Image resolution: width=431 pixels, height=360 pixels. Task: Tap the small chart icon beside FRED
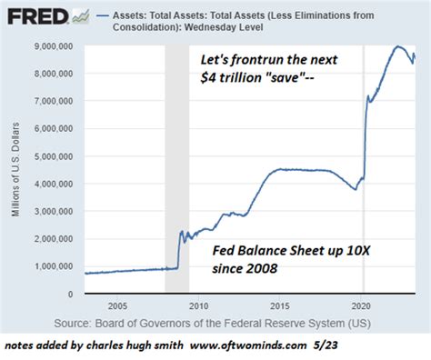click(80, 16)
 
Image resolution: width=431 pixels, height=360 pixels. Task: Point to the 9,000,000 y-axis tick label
click(54, 45)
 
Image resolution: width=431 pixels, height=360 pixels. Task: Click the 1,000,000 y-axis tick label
click(54, 266)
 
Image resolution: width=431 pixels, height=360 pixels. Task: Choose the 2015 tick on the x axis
click(281, 307)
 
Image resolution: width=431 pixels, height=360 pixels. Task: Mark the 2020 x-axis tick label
click(365, 307)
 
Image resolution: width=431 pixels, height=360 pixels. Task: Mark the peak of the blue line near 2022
click(397, 46)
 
